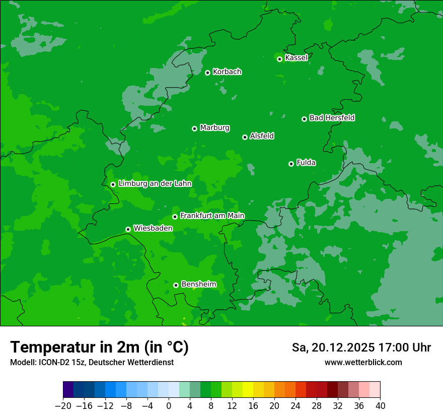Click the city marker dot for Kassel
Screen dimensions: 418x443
pyautogui.click(x=279, y=59)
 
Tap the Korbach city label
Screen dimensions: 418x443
pyautogui.click(x=227, y=72)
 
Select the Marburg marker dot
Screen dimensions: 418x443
pyautogui.click(x=194, y=128)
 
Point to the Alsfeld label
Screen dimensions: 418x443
pyautogui.click(x=262, y=136)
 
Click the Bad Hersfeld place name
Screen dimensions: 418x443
pyautogui.click(x=332, y=118)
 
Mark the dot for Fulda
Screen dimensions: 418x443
pyautogui.click(x=291, y=164)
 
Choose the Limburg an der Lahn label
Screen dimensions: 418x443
pyautogui.click(x=155, y=184)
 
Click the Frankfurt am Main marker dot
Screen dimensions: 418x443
pyautogui.click(x=175, y=217)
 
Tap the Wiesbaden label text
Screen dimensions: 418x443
pyautogui.click(x=153, y=228)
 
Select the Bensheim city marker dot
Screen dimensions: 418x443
pyautogui.click(x=176, y=285)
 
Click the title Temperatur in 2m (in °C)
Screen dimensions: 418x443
pyautogui.click(x=99, y=347)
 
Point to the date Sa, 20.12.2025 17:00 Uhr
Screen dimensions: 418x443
pyautogui.click(x=361, y=347)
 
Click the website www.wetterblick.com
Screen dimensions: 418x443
pyautogui.click(x=363, y=362)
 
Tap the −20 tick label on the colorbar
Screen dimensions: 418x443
pyautogui.click(x=63, y=406)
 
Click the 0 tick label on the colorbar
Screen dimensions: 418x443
pyautogui.click(x=169, y=406)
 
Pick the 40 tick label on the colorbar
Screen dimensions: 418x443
pyautogui.click(x=380, y=406)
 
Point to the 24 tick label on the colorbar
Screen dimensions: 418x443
pyautogui.click(x=296, y=406)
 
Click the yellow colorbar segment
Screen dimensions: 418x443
pyautogui.click(x=248, y=390)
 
